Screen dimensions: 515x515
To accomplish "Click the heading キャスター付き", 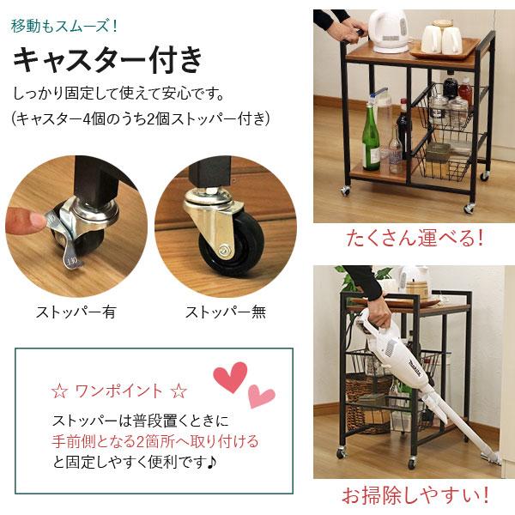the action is click(108, 59).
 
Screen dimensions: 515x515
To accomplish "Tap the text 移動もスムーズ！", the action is click(64, 26).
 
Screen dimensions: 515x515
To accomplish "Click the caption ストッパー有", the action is click(76, 312).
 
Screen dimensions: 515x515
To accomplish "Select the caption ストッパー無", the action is click(226, 312).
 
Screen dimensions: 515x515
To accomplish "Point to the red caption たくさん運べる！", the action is click(415, 238).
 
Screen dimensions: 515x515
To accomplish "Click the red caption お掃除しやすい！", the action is click(415, 495).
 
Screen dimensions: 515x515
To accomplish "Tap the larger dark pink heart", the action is click(230, 377).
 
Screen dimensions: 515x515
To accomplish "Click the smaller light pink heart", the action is click(260, 396).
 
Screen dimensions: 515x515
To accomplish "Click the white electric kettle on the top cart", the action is click(388, 31).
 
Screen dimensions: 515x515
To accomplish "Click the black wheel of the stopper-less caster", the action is click(233, 245).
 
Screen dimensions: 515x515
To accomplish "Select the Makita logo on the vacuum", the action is click(415, 367).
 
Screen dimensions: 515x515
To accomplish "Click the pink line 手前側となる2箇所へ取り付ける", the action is click(155, 441).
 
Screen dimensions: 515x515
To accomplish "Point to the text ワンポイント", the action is click(119, 391).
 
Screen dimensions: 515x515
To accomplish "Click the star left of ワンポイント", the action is click(59, 391).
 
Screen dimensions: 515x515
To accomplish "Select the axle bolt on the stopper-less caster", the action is click(224, 249).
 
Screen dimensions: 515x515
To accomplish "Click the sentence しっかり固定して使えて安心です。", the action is click(118, 94).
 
